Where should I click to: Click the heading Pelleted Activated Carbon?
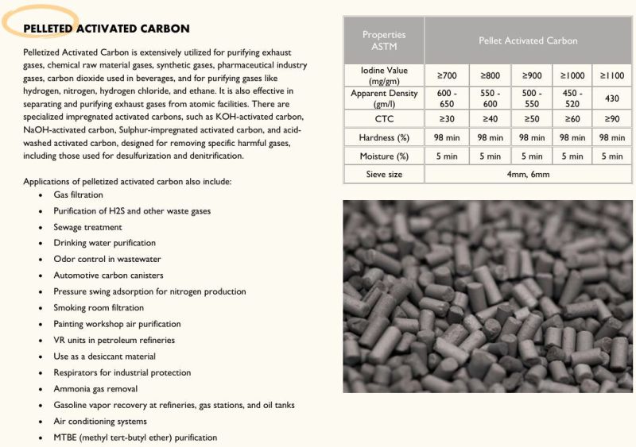pyautogui.click(x=106, y=29)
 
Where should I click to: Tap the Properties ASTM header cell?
pyautogui.click(x=384, y=40)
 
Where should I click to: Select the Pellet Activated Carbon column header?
pyautogui.click(x=528, y=40)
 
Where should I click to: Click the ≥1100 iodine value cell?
pyautogui.click(x=612, y=76)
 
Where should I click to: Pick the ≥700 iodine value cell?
pyautogui.click(x=446, y=76)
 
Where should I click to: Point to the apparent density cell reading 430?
pyautogui.click(x=612, y=98)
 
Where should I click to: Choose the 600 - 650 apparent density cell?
pyautogui.click(x=446, y=98)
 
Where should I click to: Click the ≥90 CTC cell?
pyautogui.click(x=612, y=118)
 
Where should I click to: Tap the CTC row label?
pyautogui.click(x=384, y=118)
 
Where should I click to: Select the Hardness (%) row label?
pyautogui.click(x=384, y=137)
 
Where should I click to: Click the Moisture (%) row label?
pyautogui.click(x=384, y=156)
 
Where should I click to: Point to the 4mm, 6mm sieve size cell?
pyautogui.click(x=528, y=174)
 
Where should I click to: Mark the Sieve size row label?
pyautogui.click(x=384, y=174)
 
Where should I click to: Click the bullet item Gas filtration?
pyautogui.click(x=78, y=195)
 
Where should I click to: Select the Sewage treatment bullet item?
pyautogui.click(x=87, y=227)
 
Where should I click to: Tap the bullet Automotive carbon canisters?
pyautogui.click(x=108, y=276)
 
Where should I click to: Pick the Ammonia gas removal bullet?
pyautogui.click(x=95, y=389)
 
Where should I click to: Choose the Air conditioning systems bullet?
pyautogui.click(x=100, y=422)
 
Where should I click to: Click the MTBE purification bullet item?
pyautogui.click(x=135, y=437)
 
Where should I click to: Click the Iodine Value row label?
pyautogui.click(x=384, y=76)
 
